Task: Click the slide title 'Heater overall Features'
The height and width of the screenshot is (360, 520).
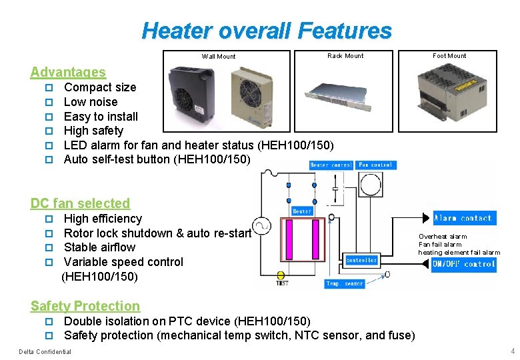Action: pos(267,31)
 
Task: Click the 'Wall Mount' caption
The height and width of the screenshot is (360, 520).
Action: pos(219,57)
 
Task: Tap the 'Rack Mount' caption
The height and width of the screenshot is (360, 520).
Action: pos(345,56)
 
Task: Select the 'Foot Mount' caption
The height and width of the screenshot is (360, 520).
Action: pos(449,56)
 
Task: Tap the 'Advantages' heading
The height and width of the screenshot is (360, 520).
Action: pos(68,72)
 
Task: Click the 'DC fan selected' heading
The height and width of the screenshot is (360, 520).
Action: pos(80,203)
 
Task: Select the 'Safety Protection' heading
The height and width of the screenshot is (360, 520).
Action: pos(85,306)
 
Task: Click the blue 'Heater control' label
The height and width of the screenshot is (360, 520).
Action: pos(331,165)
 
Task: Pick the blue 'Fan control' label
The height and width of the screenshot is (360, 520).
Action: pos(375,165)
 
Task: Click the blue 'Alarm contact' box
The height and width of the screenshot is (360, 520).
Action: pos(463,218)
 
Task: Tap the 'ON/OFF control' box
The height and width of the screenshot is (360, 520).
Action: pos(463,264)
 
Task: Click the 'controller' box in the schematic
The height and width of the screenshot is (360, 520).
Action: pos(361,261)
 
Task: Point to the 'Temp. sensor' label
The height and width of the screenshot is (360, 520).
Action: pos(345,284)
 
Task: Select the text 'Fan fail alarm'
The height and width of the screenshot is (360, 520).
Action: pos(440,245)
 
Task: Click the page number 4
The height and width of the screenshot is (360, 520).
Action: pos(512,351)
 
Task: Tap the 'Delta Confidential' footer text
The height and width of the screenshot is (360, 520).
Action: pos(45,351)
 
